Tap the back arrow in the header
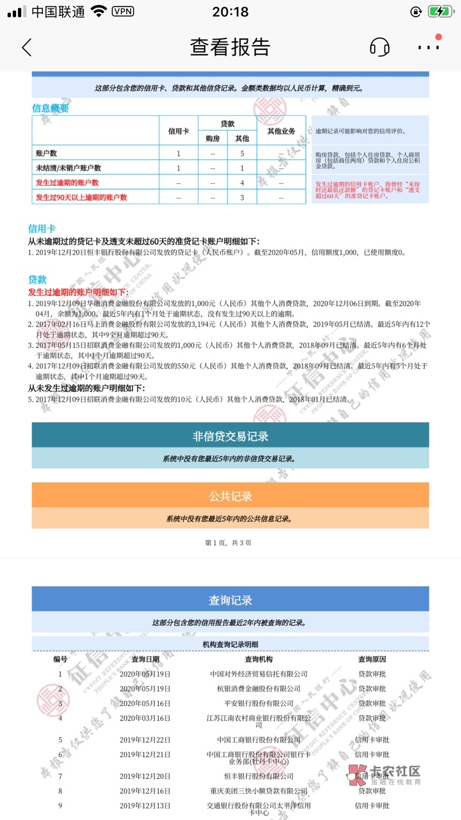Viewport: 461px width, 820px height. pos(26,47)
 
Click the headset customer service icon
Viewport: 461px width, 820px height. pos(380,47)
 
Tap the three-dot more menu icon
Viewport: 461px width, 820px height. pos(428,47)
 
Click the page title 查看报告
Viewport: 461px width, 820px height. pos(230,47)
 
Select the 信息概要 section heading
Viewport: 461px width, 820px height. pos(51,108)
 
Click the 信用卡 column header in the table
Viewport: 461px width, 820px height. pos(179,131)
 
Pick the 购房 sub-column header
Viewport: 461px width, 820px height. pos(213,138)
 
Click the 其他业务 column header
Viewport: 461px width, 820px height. pos(281,131)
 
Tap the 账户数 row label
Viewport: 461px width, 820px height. pos(47,153)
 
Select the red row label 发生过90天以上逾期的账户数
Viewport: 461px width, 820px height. pos(81,197)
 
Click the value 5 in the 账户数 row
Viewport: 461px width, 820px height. pos(242,153)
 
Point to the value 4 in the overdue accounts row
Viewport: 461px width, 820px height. pos(242,183)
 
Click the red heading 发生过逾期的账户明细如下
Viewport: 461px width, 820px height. pos(78,292)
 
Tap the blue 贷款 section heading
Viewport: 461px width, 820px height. pos(37,279)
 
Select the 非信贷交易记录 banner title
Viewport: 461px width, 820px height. pos(230,436)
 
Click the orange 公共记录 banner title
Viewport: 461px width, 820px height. pos(230,496)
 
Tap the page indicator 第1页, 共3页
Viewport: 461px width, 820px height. pos(228,543)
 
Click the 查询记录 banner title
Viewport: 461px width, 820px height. pos(230,600)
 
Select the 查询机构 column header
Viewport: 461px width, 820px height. pos(259,659)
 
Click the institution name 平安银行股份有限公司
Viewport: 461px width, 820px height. pos(259,703)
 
